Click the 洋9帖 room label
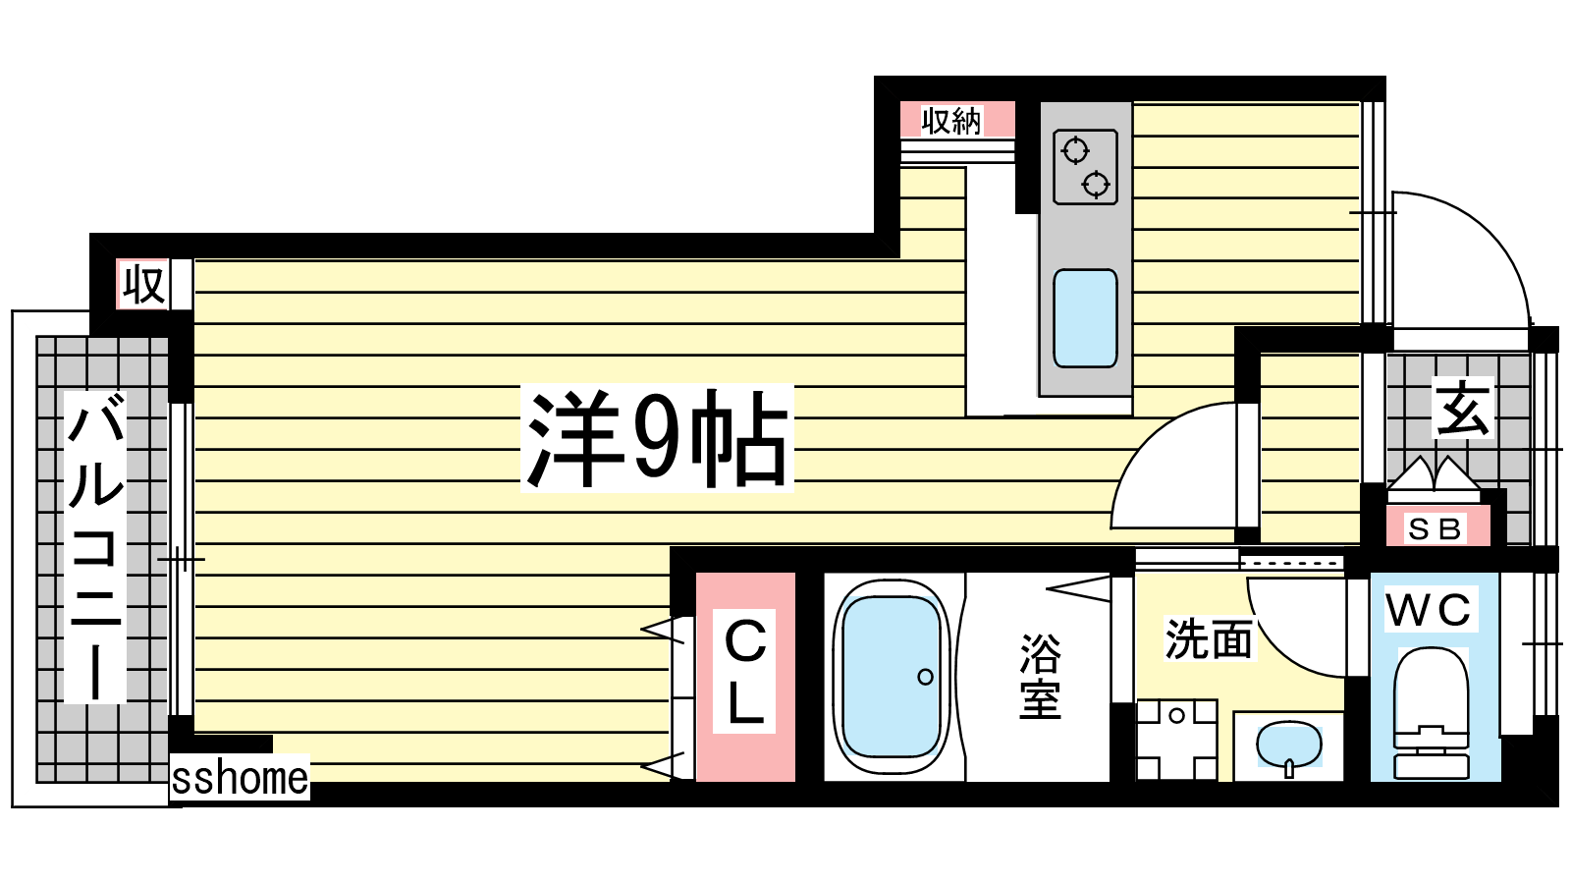click(x=657, y=438)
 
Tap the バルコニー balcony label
click(x=94, y=546)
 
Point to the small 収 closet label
click(x=143, y=284)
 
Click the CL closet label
click(x=745, y=672)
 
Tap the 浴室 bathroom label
click(x=1040, y=677)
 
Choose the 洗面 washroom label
click(x=1209, y=639)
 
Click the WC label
click(x=1430, y=610)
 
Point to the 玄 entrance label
click(x=1462, y=408)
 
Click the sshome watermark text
click(x=240, y=778)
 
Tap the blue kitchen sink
click(x=1085, y=318)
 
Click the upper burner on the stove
click(x=1075, y=151)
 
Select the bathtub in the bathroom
click(x=892, y=677)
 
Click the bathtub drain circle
click(x=925, y=677)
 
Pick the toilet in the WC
click(x=1432, y=712)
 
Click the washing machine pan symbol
click(x=1177, y=740)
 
